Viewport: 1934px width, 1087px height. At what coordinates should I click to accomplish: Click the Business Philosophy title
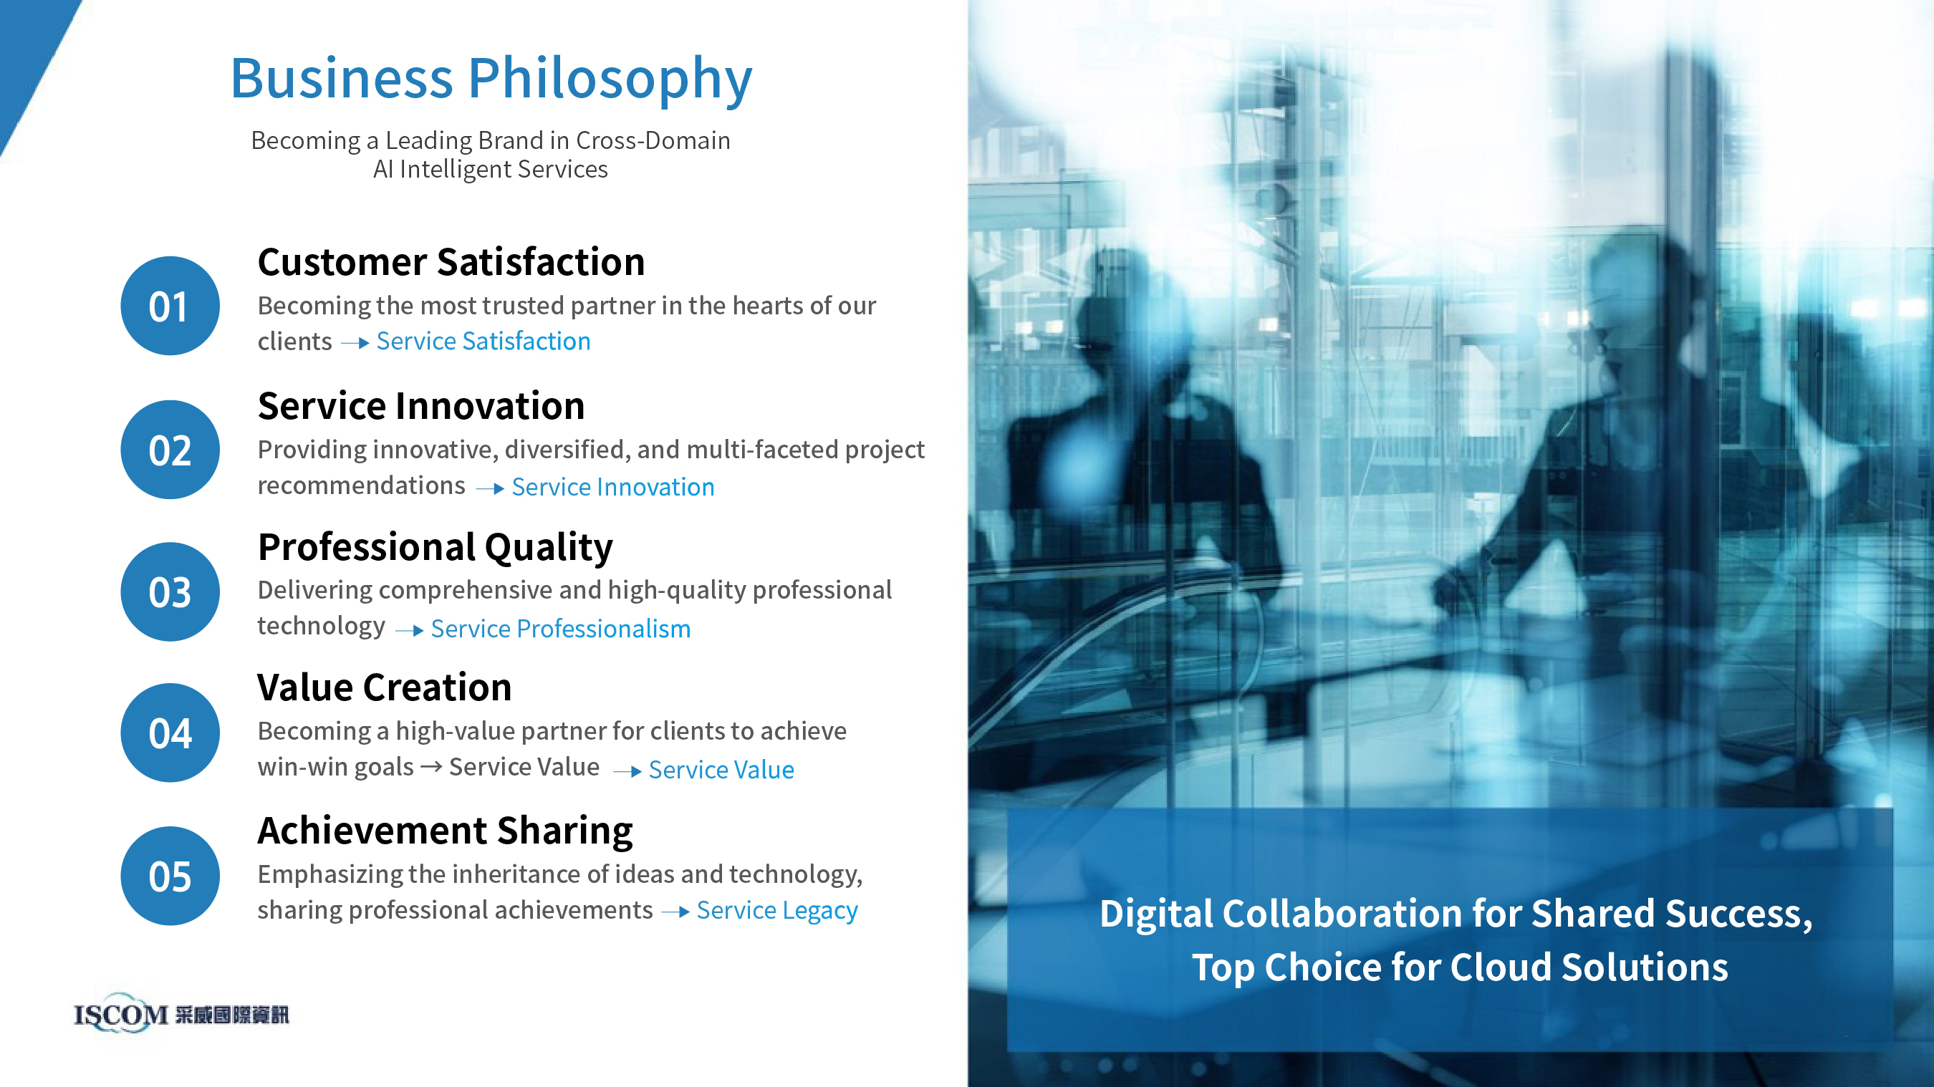491,79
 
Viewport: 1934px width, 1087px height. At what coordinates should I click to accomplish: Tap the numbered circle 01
170,306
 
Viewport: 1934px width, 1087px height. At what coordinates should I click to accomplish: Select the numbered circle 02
170,450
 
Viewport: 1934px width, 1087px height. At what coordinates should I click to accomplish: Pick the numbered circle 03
170,591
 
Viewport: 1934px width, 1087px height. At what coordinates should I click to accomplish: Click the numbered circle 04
170,733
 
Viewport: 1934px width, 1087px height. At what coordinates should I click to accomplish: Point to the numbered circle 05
170,876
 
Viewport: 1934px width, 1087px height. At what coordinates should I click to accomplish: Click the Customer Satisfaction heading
451,262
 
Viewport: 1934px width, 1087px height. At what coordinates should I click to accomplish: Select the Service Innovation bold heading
421,406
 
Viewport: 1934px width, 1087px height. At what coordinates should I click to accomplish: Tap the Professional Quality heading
436,547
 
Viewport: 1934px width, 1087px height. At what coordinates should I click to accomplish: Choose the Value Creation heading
385,687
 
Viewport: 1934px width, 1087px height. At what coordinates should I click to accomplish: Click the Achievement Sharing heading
446,831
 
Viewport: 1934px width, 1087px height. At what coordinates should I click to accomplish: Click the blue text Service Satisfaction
483,342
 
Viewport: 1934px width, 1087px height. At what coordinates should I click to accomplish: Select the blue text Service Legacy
777,911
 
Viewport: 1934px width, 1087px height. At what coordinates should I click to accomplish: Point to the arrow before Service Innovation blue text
489,488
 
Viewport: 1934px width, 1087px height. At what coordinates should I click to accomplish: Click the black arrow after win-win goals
431,766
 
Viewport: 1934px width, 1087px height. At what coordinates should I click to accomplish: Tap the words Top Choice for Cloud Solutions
1460,967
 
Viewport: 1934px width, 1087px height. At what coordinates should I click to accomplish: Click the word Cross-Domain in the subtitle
653,140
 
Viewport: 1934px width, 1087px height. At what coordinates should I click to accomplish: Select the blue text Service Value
721,770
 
